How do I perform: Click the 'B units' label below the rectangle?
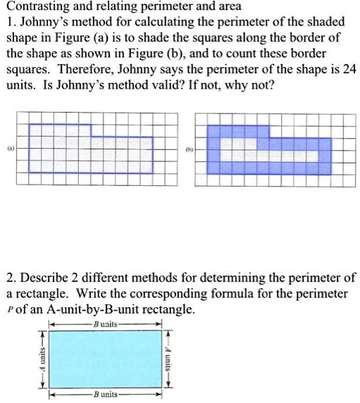coord(106,395)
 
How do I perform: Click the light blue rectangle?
coord(106,359)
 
